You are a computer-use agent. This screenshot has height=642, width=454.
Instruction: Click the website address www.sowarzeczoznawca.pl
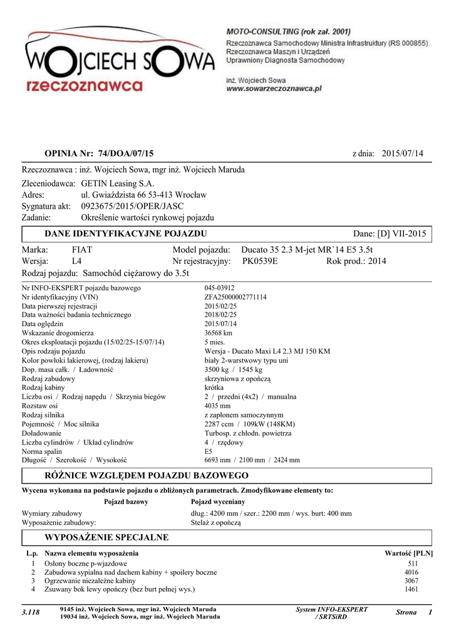click(274, 90)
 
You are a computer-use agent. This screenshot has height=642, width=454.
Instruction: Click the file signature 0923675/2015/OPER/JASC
click(133, 206)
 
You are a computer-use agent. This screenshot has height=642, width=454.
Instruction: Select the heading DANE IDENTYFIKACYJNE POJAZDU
click(125, 234)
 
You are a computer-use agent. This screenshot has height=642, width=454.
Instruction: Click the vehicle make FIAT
click(82, 250)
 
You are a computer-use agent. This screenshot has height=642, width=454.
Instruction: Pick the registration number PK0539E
click(260, 261)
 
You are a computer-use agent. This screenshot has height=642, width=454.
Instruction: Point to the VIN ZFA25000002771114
click(235, 297)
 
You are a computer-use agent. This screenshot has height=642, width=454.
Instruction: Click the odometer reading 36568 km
click(219, 334)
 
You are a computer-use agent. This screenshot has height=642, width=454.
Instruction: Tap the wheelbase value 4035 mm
click(217, 406)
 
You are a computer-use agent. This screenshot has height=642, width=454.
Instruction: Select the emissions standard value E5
click(209, 451)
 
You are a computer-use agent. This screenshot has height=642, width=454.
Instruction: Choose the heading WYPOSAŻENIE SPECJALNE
click(106, 537)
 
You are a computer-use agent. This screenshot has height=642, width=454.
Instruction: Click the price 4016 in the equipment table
click(411, 572)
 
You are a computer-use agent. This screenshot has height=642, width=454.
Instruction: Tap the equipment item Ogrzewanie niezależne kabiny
click(90, 581)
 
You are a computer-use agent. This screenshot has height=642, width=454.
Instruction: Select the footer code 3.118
click(31, 613)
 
